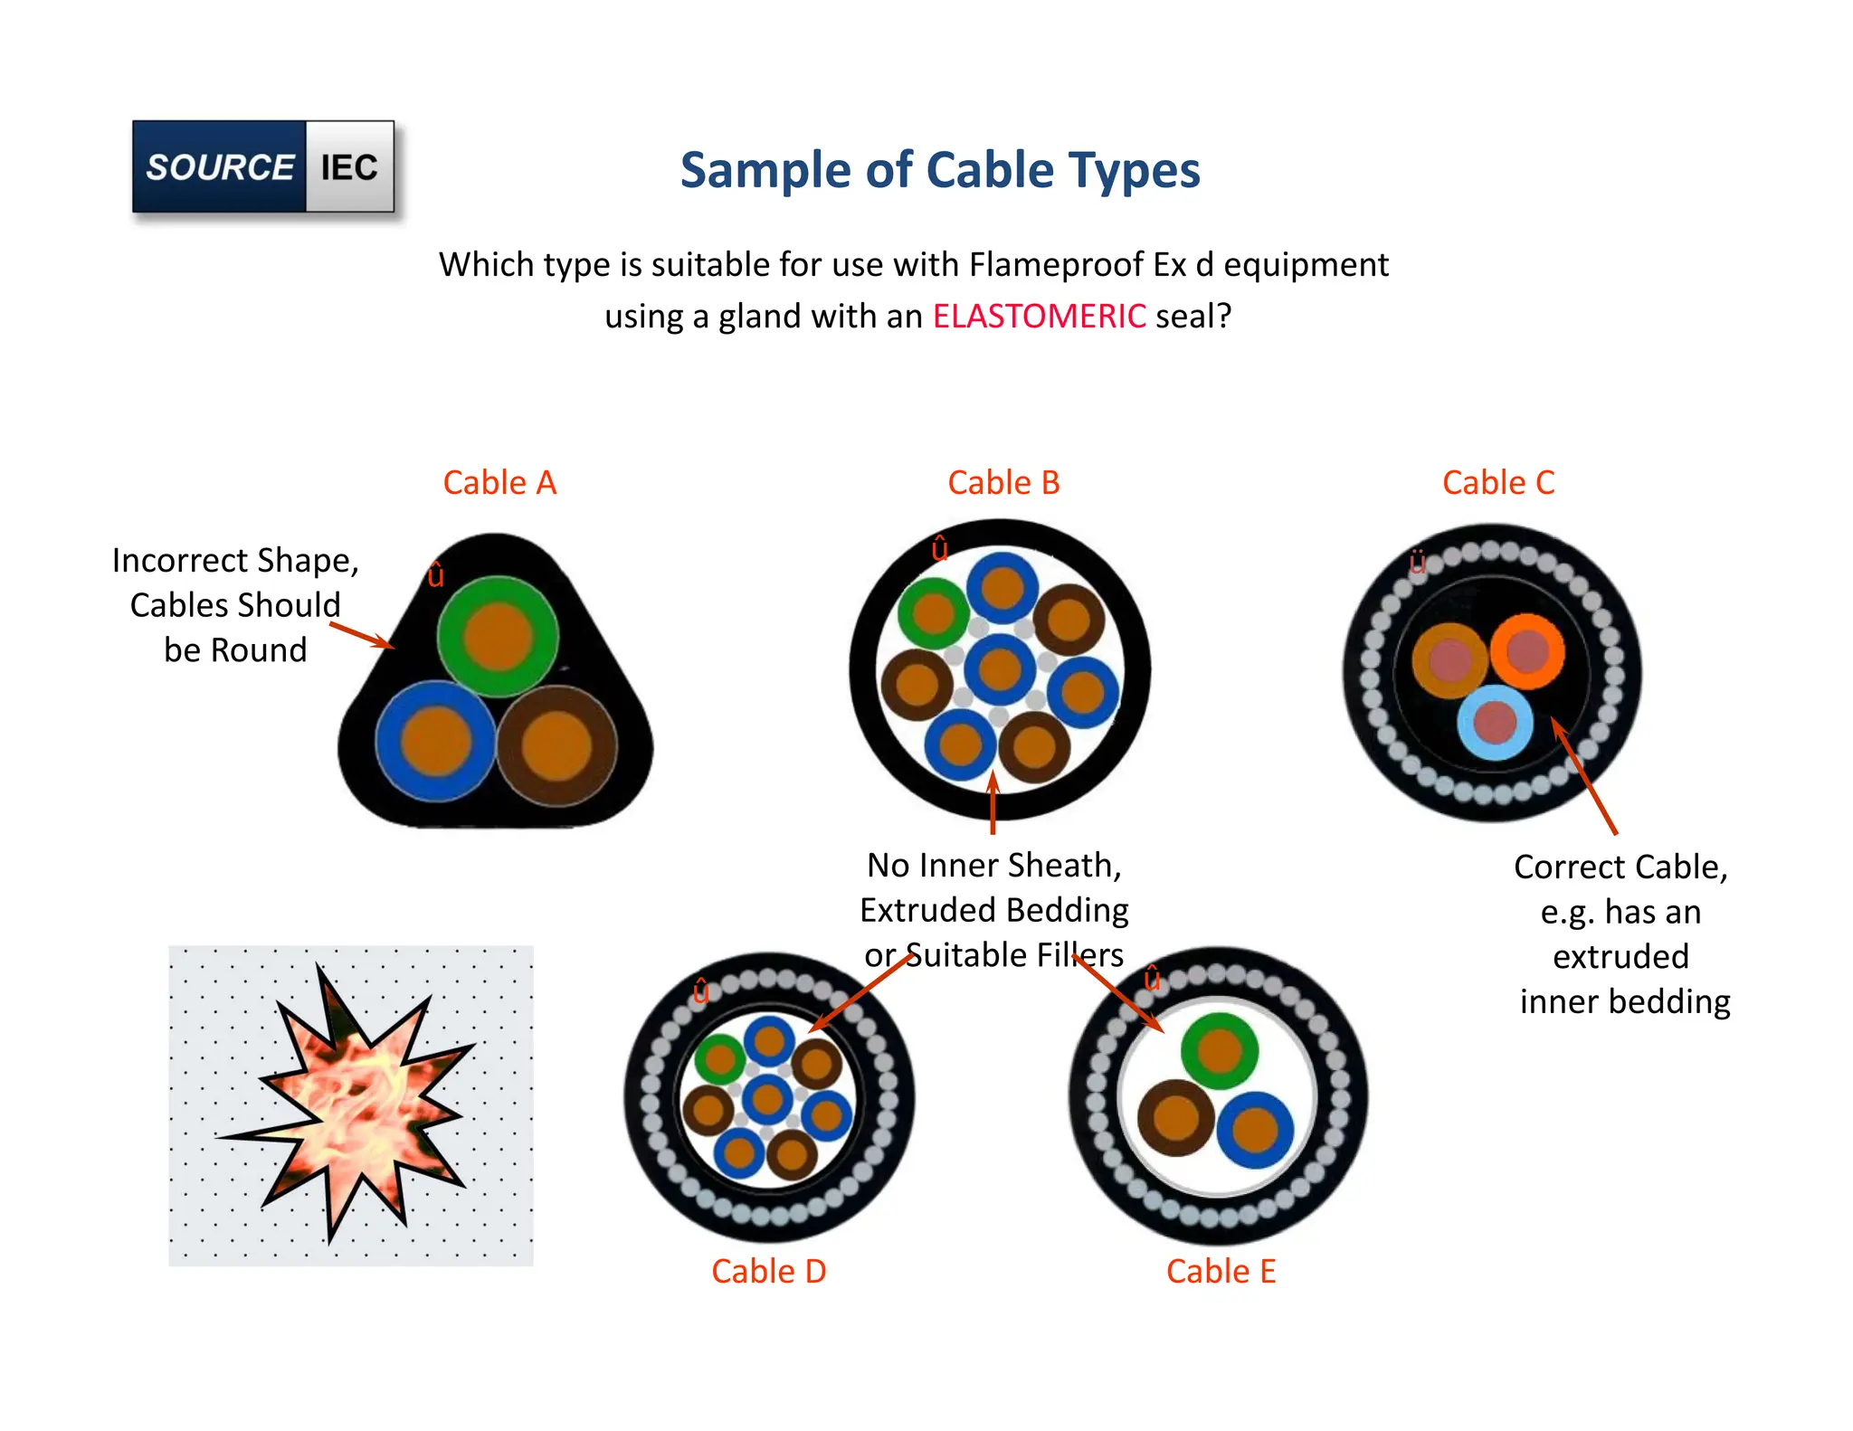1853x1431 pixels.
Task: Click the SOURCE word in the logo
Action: tap(220, 167)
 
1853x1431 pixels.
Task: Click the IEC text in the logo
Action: tap(349, 167)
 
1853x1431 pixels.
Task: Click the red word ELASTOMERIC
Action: tap(1039, 317)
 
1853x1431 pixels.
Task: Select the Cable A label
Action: tap(499, 483)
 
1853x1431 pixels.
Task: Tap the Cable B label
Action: tap(1003, 483)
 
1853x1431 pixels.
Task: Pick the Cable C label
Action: tap(1498, 483)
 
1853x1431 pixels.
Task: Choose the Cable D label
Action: tap(768, 1272)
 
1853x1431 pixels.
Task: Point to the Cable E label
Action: tap(1221, 1272)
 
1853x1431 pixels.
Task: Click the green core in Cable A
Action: tap(498, 636)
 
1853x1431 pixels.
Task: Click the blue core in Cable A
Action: tap(435, 741)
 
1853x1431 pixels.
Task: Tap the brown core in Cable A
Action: tap(556, 745)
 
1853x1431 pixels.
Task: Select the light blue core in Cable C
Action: tap(1495, 722)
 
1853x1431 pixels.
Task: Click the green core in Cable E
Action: tap(1219, 1050)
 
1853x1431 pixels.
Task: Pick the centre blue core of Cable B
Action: tap(999, 669)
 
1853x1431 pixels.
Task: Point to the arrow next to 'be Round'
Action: tap(362, 635)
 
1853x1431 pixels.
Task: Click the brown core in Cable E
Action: tap(1175, 1118)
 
